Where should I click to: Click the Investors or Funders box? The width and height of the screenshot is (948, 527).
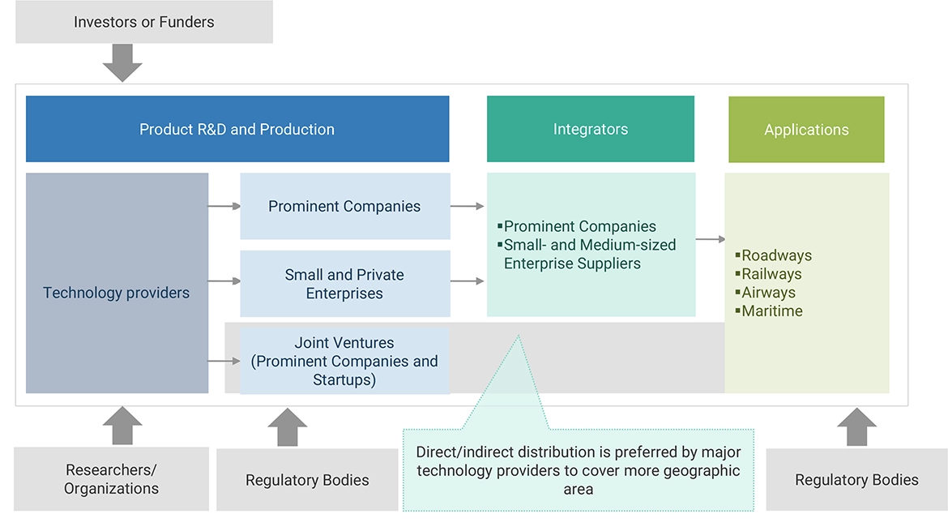pos(144,23)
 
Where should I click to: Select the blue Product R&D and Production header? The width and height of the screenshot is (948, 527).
pos(237,130)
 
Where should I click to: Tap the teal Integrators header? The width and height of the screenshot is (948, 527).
pos(591,130)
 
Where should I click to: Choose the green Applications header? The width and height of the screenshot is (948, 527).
pos(806,130)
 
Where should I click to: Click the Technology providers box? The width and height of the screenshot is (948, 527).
pos(117,293)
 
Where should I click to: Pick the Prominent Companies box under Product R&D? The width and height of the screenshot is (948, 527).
pos(345,207)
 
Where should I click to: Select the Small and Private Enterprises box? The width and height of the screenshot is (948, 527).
pos(345,284)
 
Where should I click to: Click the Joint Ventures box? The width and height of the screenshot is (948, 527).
pos(345,362)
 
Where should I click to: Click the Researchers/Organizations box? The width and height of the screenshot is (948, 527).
pos(112,479)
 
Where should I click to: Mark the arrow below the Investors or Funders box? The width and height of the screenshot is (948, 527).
pos(122,63)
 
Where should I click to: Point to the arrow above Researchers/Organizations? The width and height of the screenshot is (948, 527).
pos(122,426)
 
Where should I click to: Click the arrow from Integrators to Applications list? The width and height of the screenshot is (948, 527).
pos(711,239)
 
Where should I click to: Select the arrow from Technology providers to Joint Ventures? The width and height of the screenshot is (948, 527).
pos(224,361)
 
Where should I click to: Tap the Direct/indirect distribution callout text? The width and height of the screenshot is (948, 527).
pos(578,470)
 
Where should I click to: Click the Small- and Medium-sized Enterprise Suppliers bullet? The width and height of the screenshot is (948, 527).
pos(588,255)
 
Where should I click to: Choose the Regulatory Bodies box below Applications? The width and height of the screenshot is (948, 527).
pos(856,480)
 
